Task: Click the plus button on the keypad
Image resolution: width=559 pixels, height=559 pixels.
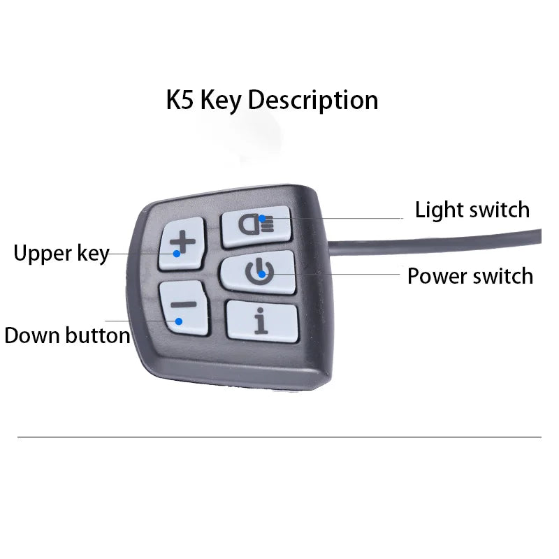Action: coord(182,243)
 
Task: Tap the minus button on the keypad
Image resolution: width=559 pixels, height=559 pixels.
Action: coord(184,307)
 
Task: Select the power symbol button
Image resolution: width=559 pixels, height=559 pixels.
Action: coord(259,272)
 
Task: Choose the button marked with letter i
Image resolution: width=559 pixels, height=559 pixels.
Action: coord(261,321)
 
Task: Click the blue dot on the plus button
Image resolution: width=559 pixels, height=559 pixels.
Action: coord(177,254)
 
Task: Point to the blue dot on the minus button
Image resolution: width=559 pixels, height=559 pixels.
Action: coord(179,321)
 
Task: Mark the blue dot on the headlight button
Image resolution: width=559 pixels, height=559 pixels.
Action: coord(262,219)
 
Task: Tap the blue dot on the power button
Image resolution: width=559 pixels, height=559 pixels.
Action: coord(261,275)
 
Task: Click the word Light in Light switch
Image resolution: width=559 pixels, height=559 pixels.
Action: coord(440,210)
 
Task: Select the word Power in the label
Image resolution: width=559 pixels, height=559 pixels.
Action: coord(437,276)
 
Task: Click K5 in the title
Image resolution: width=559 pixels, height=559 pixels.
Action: coord(180,100)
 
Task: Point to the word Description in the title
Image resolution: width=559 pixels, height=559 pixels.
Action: coord(313,101)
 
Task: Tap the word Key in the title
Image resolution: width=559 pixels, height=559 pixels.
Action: coord(221,101)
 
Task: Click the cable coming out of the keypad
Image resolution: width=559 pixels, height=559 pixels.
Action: coord(435,242)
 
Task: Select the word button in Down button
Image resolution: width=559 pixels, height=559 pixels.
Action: coord(98,335)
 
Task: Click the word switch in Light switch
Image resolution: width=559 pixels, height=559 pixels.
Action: coord(500,210)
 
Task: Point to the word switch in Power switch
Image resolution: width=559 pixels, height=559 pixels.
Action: coord(502,276)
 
